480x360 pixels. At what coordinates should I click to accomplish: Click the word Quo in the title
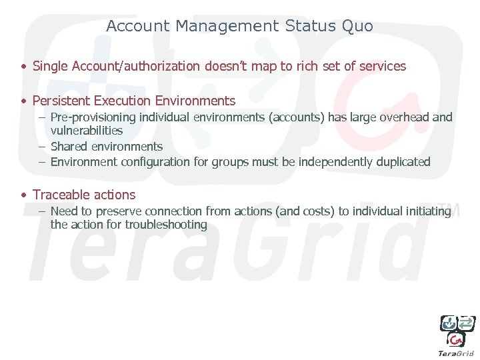pyautogui.click(x=357, y=27)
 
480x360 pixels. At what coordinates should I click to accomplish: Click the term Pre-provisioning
pyautogui.click(x=93, y=117)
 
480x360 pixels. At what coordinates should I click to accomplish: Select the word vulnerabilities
pyautogui.click(x=87, y=131)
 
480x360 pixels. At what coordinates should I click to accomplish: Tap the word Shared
pyautogui.click(x=68, y=146)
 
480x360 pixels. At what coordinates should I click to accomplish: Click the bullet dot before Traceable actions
pyautogui.click(x=23, y=195)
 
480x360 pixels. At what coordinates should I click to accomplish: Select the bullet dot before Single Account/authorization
pyautogui.click(x=23, y=67)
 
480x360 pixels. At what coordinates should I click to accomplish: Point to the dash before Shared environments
pyautogui.click(x=41, y=147)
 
